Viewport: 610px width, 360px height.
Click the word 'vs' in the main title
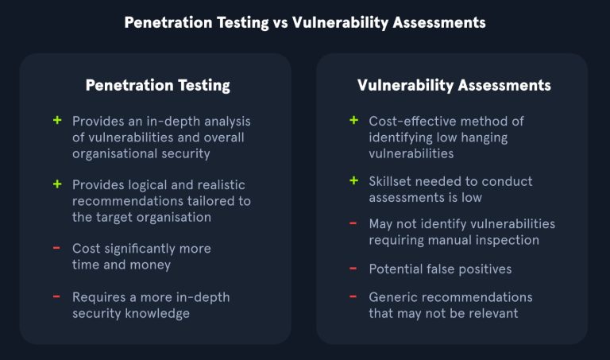click(280, 22)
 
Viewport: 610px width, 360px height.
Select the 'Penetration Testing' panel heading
click(157, 85)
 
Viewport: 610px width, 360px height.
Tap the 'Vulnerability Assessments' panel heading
click(454, 85)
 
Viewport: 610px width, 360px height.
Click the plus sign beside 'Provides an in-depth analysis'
click(57, 120)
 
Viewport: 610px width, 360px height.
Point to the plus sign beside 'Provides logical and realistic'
click(57, 184)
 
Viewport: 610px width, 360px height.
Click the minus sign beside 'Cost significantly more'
click(57, 248)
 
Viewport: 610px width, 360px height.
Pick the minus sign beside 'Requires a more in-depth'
click(57, 296)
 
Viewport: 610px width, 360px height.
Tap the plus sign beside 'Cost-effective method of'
click(353, 120)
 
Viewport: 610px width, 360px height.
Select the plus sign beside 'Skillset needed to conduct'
click(353, 180)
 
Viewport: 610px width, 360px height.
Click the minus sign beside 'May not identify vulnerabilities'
click(353, 223)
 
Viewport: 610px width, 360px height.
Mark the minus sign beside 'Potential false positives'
click(353, 269)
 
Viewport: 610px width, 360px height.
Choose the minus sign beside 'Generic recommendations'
click(353, 296)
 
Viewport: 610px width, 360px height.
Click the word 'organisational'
click(114, 153)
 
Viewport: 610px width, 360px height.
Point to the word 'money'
click(150, 265)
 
